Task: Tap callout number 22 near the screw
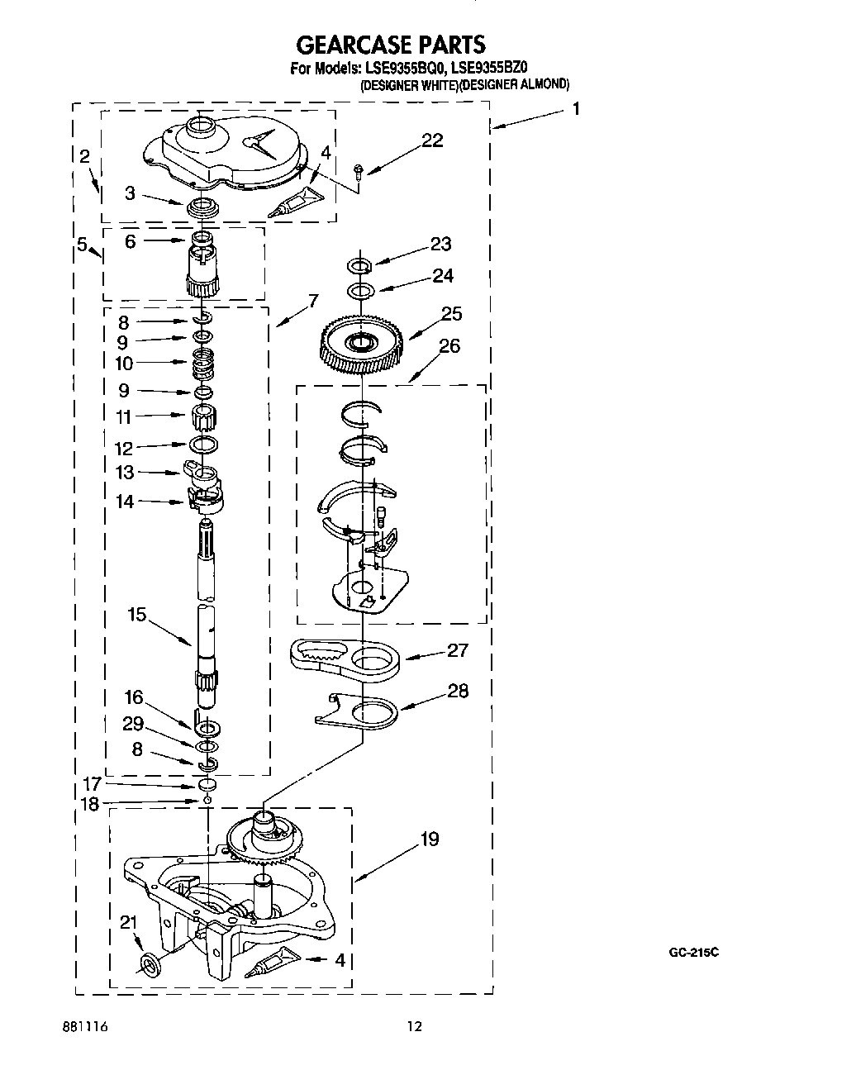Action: pyautogui.click(x=431, y=140)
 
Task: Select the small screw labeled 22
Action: pyautogui.click(x=358, y=171)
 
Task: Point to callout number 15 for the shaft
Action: pyautogui.click(x=137, y=615)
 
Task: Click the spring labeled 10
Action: pyautogui.click(x=203, y=362)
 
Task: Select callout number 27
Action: pyautogui.click(x=457, y=650)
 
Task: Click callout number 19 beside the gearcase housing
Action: pyautogui.click(x=430, y=839)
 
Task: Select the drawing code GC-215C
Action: pyautogui.click(x=693, y=953)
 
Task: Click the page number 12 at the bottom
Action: pyautogui.click(x=414, y=1027)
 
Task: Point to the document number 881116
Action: pyautogui.click(x=85, y=1027)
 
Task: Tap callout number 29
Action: pyautogui.click(x=132, y=724)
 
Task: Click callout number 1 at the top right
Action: pyautogui.click(x=575, y=108)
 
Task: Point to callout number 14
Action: pyautogui.click(x=125, y=501)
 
